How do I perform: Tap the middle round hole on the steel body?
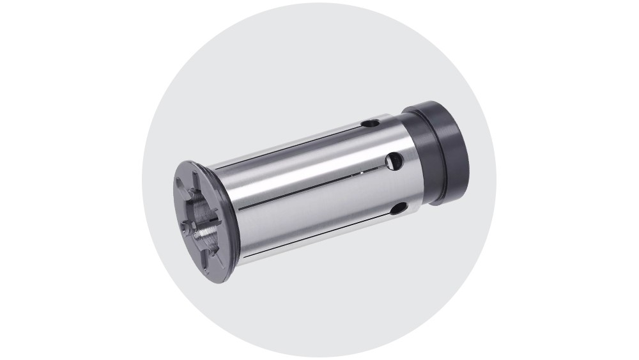coord(394,160)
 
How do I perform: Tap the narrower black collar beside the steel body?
coord(415,160)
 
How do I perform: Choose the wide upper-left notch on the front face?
coord(184,189)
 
